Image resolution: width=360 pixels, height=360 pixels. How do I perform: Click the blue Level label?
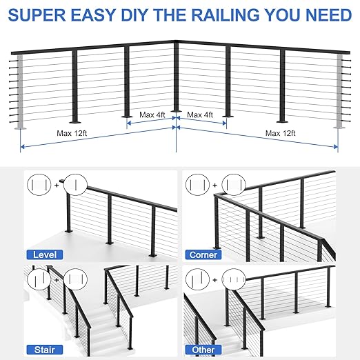pos(46,254)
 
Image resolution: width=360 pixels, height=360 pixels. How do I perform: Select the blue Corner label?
pos(203,254)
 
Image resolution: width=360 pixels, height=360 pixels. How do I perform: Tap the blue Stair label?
pos(43,349)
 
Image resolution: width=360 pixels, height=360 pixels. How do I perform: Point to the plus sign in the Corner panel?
pos(214,185)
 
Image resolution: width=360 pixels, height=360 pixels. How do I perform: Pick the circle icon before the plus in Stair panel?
pos(39,279)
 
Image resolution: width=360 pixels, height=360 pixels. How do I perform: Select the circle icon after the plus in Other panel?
pos(233,279)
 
